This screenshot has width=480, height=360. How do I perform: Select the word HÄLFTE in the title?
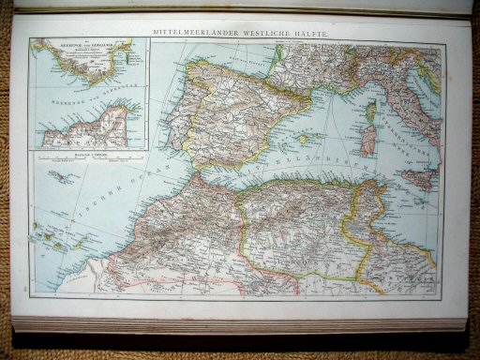pos(307,33)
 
